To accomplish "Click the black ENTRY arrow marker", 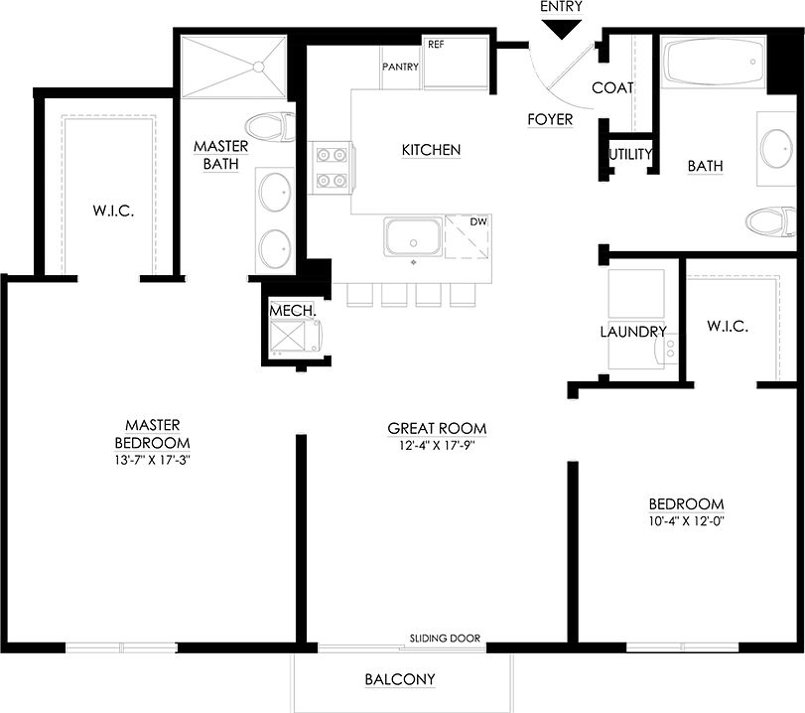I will tap(562, 30).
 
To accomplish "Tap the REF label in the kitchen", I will tap(436, 45).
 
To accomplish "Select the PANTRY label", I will tap(400, 67).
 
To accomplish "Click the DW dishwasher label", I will tap(478, 221).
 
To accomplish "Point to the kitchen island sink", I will tap(414, 238).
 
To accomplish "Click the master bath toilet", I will tap(271, 127).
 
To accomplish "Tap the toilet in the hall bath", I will tap(770, 220).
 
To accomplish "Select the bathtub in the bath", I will tap(712, 63).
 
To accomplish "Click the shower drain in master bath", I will tap(257, 68).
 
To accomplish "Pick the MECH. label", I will tap(293, 311).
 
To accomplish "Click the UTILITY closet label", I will tap(630, 154).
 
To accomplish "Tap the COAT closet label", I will tap(612, 87).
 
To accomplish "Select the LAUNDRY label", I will tap(632, 332).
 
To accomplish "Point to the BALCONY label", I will tap(400, 679).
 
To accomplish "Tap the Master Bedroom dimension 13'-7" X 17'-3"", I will tap(151, 460).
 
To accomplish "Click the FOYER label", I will tap(550, 119).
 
